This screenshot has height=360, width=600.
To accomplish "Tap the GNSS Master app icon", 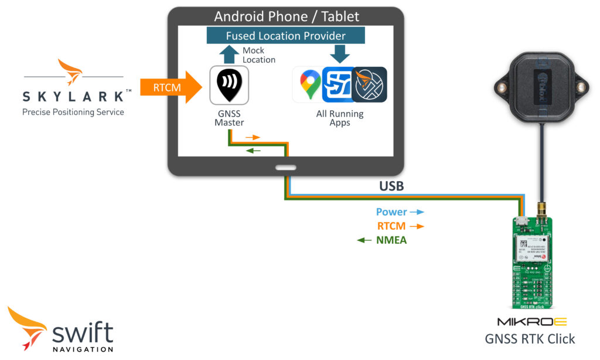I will [229, 85].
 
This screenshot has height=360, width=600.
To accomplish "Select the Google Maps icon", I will [309, 84].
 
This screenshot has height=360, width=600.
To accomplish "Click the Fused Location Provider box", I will [286, 36].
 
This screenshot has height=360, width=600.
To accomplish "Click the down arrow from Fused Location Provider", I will [339, 54].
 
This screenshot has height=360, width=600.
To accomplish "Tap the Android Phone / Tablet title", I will [286, 16].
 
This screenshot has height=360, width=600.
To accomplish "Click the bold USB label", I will [392, 186].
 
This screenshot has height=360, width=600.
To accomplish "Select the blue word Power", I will [391, 212].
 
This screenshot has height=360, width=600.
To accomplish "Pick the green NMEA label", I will [391, 240].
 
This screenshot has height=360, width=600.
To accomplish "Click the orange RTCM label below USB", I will [391, 226].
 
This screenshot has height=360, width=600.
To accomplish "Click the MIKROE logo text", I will [531, 322].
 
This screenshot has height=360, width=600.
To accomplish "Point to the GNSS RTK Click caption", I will [530, 339].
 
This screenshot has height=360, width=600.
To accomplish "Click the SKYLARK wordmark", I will [73, 96].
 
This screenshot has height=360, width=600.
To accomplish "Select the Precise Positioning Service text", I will [73, 112].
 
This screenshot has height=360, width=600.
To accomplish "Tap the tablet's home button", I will [286, 167].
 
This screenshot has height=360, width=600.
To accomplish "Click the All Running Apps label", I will [340, 118].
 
